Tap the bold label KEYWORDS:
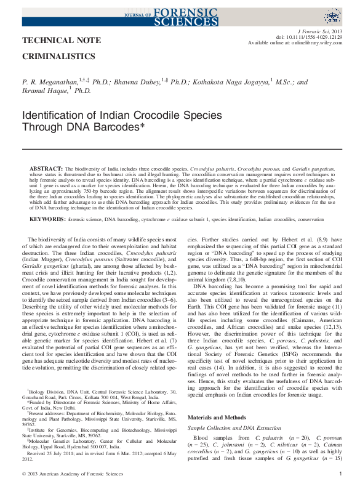pos(47,219)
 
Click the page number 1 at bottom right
pos(340,474)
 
